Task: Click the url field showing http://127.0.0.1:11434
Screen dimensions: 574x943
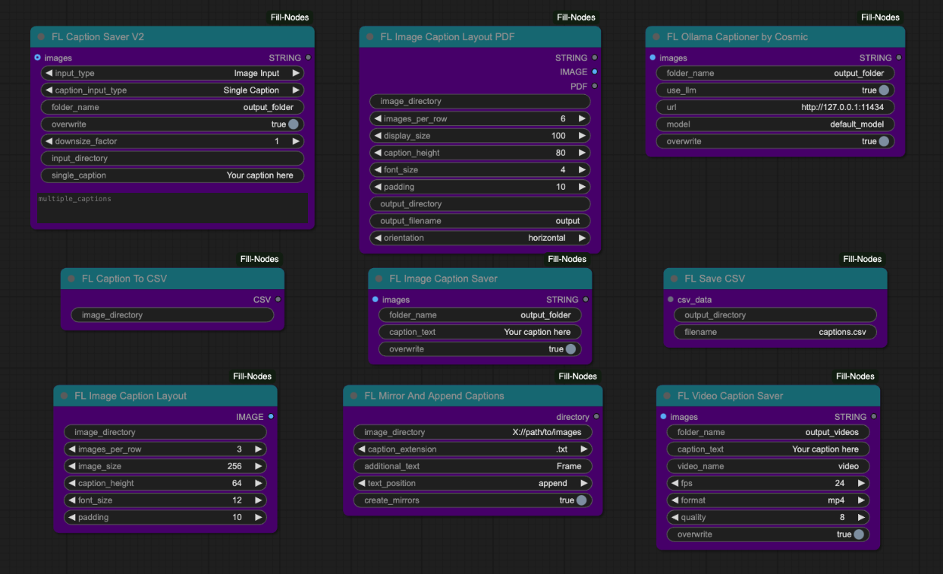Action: [775, 107]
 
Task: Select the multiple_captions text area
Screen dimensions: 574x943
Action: [172, 207]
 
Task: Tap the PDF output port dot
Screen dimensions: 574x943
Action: [594, 87]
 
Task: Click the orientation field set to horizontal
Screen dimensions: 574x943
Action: [479, 238]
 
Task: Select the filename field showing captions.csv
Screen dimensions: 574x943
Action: [775, 332]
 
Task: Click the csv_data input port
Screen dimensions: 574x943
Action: [670, 300]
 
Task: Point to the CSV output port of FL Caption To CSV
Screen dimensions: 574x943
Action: [278, 300]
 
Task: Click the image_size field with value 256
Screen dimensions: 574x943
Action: [165, 466]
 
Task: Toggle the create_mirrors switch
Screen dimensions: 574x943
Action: [580, 500]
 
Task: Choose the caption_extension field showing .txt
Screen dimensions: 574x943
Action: [473, 449]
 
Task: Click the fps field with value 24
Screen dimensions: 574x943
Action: [768, 483]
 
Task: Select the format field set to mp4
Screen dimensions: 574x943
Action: [768, 500]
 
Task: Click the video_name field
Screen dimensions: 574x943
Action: [768, 466]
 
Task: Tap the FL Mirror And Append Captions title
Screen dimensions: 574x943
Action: [434, 396]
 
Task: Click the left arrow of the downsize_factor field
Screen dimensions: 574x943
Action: [49, 141]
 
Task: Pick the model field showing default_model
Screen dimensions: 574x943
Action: [775, 124]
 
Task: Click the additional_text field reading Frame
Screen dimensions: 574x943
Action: [473, 466]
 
